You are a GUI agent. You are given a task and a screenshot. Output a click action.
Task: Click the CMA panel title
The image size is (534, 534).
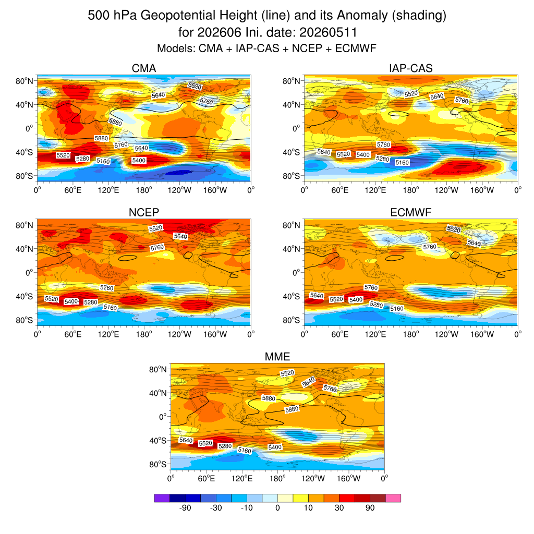(144, 68)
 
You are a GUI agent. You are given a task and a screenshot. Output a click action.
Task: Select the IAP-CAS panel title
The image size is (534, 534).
(411, 68)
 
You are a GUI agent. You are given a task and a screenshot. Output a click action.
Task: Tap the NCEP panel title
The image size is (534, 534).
(144, 213)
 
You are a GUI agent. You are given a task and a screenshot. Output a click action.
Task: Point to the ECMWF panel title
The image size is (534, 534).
(411, 213)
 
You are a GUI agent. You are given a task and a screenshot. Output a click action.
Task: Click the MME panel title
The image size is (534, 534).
(277, 357)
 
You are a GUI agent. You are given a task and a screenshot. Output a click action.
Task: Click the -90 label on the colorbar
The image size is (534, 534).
(185, 508)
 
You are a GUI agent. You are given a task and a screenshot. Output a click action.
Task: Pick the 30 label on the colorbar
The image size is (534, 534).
(339, 508)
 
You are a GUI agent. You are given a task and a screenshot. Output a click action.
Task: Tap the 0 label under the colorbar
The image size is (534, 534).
(277, 508)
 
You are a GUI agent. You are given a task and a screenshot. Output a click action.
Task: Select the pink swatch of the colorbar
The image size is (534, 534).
(393, 498)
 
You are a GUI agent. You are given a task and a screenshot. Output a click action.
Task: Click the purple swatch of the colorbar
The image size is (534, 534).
(162, 498)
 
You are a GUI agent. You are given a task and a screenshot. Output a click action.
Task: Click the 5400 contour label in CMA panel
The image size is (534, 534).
(139, 161)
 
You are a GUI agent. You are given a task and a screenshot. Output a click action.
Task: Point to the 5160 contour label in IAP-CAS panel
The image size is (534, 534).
(402, 163)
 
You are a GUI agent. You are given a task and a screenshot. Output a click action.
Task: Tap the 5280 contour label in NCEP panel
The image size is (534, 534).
(91, 302)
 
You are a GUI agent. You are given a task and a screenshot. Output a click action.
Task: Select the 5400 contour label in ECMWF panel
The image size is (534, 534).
(356, 300)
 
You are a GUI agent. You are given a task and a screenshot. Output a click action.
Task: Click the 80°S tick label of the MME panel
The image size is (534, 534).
(157, 465)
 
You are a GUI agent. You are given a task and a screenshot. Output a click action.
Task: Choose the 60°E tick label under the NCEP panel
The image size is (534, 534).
(73, 334)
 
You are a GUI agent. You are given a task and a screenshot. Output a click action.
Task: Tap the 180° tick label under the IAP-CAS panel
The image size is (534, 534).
(411, 190)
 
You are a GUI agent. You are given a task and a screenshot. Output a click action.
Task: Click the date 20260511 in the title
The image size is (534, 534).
(329, 33)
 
